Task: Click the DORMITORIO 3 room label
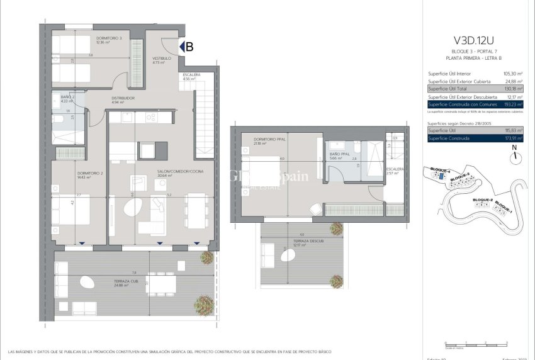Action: [109, 38]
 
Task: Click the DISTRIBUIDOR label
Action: [123, 98]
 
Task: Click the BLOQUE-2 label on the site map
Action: [482, 200]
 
